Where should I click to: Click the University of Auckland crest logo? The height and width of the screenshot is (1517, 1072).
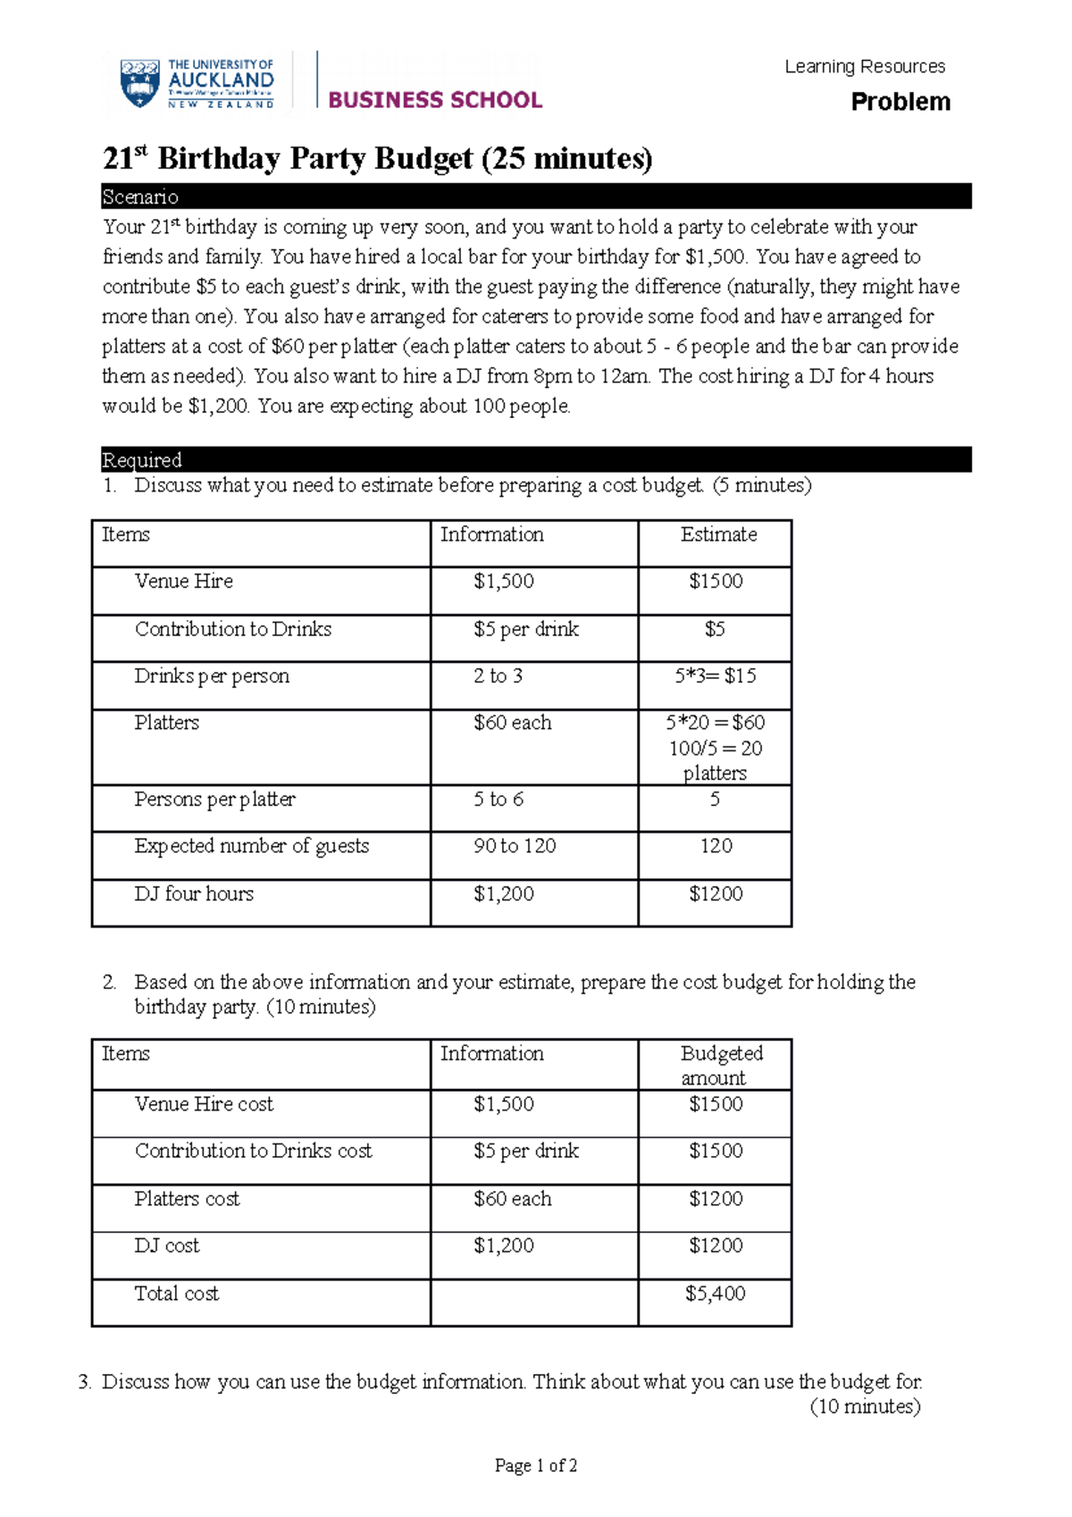[x=139, y=84]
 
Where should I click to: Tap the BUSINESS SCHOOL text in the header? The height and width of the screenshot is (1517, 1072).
[x=435, y=100]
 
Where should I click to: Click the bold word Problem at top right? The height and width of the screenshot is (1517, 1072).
[x=900, y=102]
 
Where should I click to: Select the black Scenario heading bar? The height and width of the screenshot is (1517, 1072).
[x=536, y=197]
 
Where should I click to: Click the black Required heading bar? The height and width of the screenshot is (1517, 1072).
[x=536, y=460]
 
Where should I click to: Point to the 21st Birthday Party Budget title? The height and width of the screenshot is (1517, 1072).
[x=377, y=159]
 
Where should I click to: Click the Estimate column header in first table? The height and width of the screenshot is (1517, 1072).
[x=718, y=535]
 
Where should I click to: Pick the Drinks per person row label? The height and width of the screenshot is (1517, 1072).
[x=212, y=676]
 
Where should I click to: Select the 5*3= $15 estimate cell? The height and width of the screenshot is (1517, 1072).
[x=715, y=676]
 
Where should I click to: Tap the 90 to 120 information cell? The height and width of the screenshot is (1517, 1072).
[x=515, y=846]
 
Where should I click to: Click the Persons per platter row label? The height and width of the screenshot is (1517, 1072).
[x=214, y=800]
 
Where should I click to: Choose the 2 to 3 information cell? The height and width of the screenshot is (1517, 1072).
[x=498, y=676]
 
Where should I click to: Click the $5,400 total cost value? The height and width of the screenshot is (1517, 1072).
[x=715, y=1294]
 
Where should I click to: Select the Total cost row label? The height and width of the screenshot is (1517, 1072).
[x=176, y=1294]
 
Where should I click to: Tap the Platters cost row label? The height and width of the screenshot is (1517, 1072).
[x=187, y=1199]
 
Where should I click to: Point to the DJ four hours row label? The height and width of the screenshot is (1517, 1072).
[x=194, y=894]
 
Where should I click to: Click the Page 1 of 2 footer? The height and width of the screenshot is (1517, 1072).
[x=536, y=1466]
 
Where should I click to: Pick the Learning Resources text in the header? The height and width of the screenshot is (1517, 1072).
[x=864, y=67]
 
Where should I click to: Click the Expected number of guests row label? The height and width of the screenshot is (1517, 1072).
[x=251, y=846]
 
